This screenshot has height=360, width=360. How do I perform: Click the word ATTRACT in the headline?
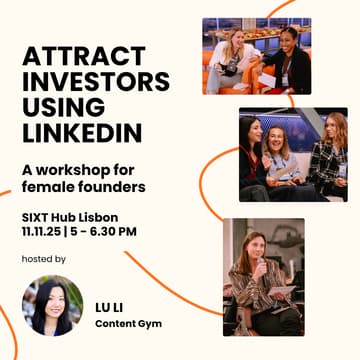pos(76,55)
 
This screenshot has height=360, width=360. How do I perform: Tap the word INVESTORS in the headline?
pos(95,81)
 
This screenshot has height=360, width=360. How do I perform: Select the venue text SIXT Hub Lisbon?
pos(70,216)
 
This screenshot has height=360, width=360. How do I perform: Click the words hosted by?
pos(43,259)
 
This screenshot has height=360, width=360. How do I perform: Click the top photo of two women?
pos(256,56)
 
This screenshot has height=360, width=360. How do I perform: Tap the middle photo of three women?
pos(292,155)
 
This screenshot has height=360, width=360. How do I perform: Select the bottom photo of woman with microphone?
pos(264,276)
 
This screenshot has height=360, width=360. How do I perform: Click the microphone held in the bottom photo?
pos(258,267)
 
